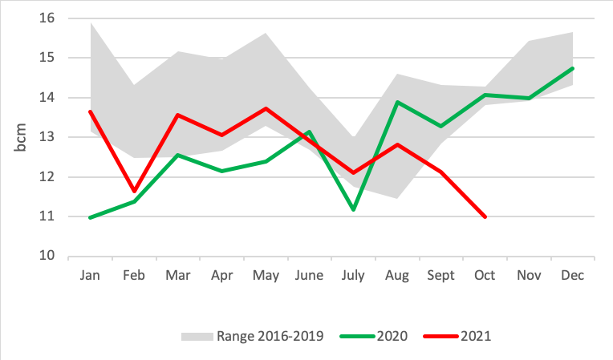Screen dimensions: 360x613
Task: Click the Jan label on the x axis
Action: point(90,275)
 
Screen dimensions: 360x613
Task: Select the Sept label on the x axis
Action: point(440,275)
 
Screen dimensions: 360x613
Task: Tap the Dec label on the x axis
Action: point(573,275)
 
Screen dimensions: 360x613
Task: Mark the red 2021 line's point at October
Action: point(485,216)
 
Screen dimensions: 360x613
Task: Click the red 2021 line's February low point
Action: point(134,191)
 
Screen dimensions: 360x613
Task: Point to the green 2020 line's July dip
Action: point(353,209)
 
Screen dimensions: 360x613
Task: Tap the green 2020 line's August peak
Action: point(397,102)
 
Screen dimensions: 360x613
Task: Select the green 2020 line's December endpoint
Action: point(573,68)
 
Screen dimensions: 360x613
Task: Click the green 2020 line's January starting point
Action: point(90,217)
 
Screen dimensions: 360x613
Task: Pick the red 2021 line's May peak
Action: point(266,108)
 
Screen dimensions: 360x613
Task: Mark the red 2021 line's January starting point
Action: point(90,111)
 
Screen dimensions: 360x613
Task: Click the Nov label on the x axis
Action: point(529,275)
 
